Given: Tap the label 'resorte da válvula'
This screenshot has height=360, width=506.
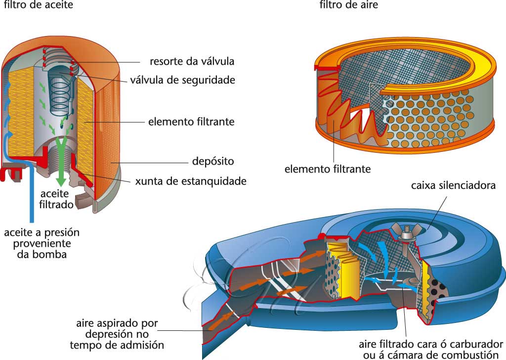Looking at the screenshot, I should (x=192, y=62).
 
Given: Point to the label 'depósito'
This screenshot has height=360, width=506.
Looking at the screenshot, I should (x=212, y=162).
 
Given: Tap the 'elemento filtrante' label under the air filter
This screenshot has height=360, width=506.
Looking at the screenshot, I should (x=327, y=169).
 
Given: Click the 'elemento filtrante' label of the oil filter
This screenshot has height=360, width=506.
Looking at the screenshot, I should (x=191, y=121).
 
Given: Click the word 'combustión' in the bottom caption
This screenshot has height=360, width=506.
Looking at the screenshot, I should (x=467, y=355).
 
